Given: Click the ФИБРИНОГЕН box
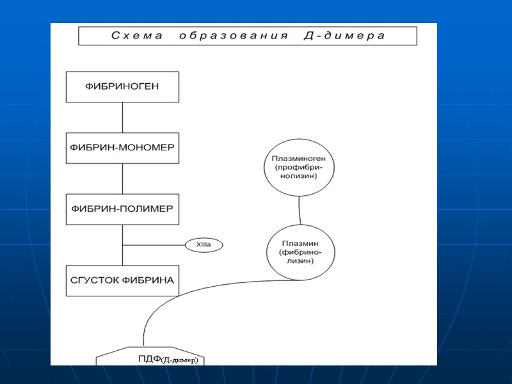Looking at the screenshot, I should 122,86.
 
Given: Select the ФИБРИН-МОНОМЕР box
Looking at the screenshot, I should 122,148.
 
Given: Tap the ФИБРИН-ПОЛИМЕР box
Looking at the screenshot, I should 122,209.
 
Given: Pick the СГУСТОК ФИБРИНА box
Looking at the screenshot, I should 122,281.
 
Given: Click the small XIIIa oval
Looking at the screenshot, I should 203,245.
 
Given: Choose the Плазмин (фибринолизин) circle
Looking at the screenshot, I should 300,252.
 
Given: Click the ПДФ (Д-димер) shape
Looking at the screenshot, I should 151,358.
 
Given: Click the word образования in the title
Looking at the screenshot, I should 234,36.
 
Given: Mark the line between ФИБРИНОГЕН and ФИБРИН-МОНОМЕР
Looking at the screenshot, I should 122,117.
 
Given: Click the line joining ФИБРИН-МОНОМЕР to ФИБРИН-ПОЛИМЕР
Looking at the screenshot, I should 122,179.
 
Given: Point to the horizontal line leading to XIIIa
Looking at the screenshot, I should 154,245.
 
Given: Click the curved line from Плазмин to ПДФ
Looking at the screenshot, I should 192,292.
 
